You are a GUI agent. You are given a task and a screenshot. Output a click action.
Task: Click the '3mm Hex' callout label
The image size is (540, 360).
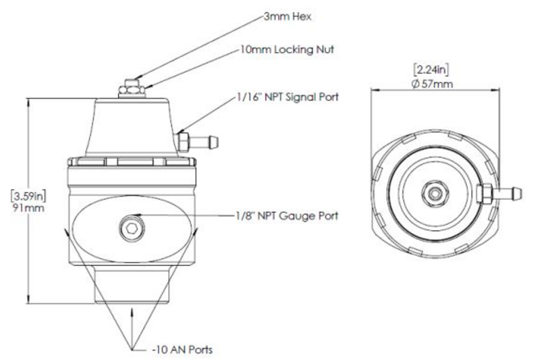(288, 16)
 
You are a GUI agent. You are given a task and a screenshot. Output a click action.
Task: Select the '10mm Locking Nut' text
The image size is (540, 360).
(288, 49)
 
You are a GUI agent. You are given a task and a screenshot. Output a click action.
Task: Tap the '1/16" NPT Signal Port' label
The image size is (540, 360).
(288, 97)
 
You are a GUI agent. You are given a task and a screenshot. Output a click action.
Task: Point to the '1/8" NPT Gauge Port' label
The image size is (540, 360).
(287, 215)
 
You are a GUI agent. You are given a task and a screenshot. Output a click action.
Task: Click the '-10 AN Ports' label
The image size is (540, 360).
(182, 350)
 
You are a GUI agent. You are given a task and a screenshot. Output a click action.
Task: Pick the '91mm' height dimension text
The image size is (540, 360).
(28, 208)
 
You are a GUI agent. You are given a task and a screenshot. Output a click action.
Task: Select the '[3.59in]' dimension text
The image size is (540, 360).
(28, 196)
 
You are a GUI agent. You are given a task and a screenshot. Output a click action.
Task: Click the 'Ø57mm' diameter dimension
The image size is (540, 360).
(433, 83)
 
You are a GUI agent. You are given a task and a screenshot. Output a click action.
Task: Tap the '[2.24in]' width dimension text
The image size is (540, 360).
(431, 70)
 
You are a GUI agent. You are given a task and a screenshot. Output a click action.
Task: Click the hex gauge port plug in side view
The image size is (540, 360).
(132, 228)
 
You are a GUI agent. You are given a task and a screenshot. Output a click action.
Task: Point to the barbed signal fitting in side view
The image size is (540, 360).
(197, 142)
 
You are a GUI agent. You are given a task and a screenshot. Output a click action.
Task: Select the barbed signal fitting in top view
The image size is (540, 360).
(500, 193)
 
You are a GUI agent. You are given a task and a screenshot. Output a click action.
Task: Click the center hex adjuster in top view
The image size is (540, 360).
(435, 193)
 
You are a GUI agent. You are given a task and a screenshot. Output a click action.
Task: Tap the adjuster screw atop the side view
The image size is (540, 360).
(132, 88)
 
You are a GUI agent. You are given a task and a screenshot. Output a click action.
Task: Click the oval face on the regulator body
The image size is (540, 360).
(132, 228)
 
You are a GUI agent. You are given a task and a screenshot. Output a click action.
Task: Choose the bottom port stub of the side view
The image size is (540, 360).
(132, 285)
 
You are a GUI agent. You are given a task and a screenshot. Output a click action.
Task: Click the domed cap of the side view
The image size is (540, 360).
(132, 128)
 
